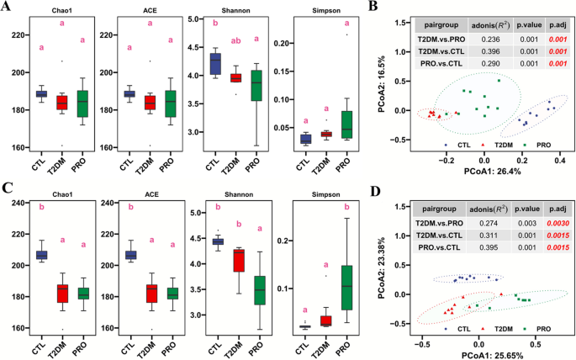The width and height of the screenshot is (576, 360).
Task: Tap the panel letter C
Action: click(x=7, y=189)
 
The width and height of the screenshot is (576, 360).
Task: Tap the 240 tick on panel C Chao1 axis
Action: click(x=15, y=203)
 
